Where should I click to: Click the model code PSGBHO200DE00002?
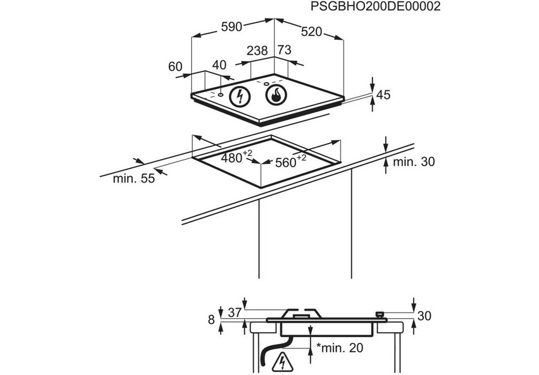(375, 6)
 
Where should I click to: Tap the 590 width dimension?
(232, 27)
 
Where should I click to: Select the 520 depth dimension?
(311, 32)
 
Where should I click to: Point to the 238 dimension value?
(257, 51)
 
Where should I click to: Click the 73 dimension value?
(284, 50)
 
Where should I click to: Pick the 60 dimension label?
(175, 66)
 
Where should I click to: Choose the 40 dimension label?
(220, 65)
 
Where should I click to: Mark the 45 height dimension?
(383, 95)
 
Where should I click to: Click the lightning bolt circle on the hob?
(240, 97)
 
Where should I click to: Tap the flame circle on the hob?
(276, 95)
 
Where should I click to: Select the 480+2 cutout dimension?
(237, 157)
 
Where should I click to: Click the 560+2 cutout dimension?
(291, 161)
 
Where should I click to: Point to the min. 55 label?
(134, 179)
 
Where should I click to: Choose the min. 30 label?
(414, 162)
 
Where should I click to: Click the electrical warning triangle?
(283, 362)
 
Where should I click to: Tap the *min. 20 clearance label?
(340, 348)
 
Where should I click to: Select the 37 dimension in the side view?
(235, 313)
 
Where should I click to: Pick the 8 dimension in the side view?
(211, 320)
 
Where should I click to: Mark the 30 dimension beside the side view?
(424, 316)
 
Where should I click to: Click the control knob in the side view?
(380, 314)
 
